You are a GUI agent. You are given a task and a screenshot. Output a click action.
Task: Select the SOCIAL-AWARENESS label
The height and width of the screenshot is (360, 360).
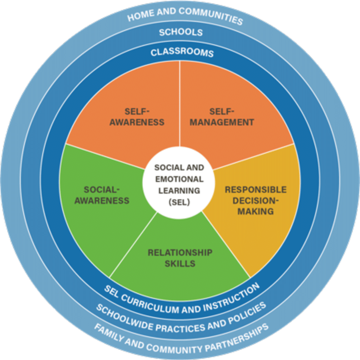tap(102, 195)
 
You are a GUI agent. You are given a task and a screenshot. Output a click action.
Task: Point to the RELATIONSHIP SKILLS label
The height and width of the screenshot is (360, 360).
tap(180, 258)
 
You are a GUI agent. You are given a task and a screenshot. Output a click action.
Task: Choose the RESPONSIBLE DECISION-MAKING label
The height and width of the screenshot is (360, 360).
tap(255, 200)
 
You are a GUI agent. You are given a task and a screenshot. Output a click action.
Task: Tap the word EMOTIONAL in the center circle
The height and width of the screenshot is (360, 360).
tap(178, 179)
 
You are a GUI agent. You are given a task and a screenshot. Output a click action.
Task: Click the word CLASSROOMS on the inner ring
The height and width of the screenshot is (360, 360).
tap(182, 53)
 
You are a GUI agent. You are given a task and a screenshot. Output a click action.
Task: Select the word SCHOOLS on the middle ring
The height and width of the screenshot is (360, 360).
tap(181, 32)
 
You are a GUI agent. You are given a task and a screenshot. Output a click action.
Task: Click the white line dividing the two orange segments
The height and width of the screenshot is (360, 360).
tap(180, 106)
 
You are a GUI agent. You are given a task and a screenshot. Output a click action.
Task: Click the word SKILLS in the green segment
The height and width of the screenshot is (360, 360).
tap(180, 263)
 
